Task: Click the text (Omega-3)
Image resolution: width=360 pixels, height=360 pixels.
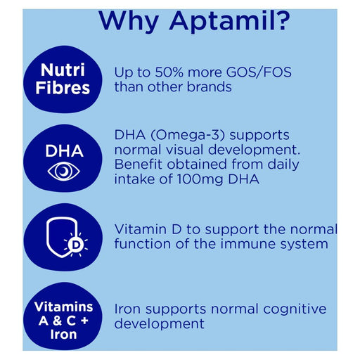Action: pos(188,134)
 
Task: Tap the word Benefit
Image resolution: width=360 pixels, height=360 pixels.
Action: pos(139,165)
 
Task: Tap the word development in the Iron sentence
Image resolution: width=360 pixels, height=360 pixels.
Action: pos(159,324)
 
